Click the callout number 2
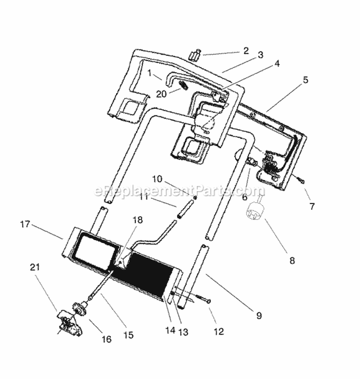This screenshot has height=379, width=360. coord(246,51)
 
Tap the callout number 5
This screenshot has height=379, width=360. coord(306,80)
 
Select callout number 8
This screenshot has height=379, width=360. coord(292,260)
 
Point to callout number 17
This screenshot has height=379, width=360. coord(25,224)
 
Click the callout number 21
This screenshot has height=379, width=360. coord(35,268)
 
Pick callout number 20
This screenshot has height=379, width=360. coord(161,94)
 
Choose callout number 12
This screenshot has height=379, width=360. coord(219,331)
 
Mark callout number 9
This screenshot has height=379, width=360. coord(259,316)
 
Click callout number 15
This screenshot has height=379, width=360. coord(128,335)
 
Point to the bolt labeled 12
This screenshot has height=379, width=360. coord(203,299)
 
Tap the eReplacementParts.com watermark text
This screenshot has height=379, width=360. coord(179,191)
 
